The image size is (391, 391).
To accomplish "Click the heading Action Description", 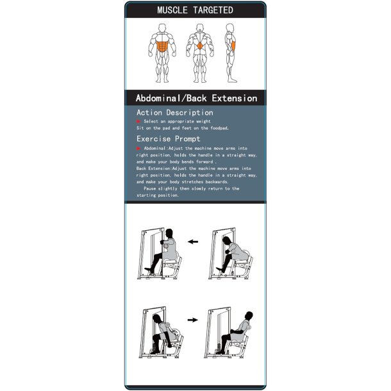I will (174, 112).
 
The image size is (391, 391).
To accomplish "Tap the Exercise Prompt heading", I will (168, 138).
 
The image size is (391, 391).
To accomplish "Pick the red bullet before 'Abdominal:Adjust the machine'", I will (138, 147).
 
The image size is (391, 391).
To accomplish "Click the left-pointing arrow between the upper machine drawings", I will (193, 242).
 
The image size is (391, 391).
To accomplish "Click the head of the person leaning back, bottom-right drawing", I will (246, 310).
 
